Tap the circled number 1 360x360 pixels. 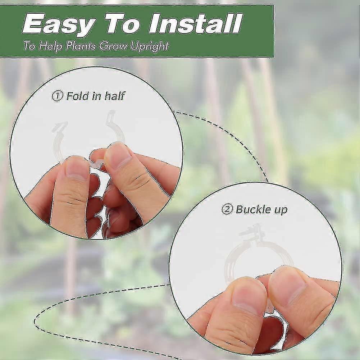pos(58,96)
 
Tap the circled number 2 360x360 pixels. pos(227,210)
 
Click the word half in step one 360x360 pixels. pos(115,96)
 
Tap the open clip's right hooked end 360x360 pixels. pos(112,117)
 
